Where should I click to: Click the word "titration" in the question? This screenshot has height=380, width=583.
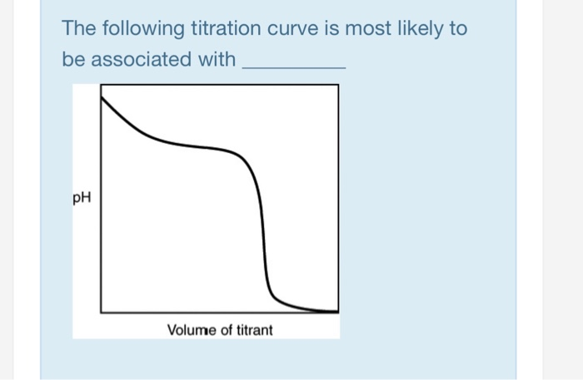[227, 29]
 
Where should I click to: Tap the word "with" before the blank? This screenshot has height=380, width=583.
[217, 60]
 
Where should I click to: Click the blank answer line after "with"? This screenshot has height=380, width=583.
[292, 65]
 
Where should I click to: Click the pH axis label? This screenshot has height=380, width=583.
[82, 199]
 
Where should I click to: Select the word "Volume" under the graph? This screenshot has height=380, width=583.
[191, 330]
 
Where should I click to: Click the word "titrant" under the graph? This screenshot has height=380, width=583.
[253, 330]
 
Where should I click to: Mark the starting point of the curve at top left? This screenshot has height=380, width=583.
[102, 97]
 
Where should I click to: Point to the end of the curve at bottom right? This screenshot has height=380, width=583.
[336, 312]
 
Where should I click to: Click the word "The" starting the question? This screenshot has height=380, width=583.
[80, 29]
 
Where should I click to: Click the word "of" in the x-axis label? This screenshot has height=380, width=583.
[224, 330]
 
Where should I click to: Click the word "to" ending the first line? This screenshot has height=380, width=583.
[458, 29]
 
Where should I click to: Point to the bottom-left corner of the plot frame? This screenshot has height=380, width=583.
[102, 313]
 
